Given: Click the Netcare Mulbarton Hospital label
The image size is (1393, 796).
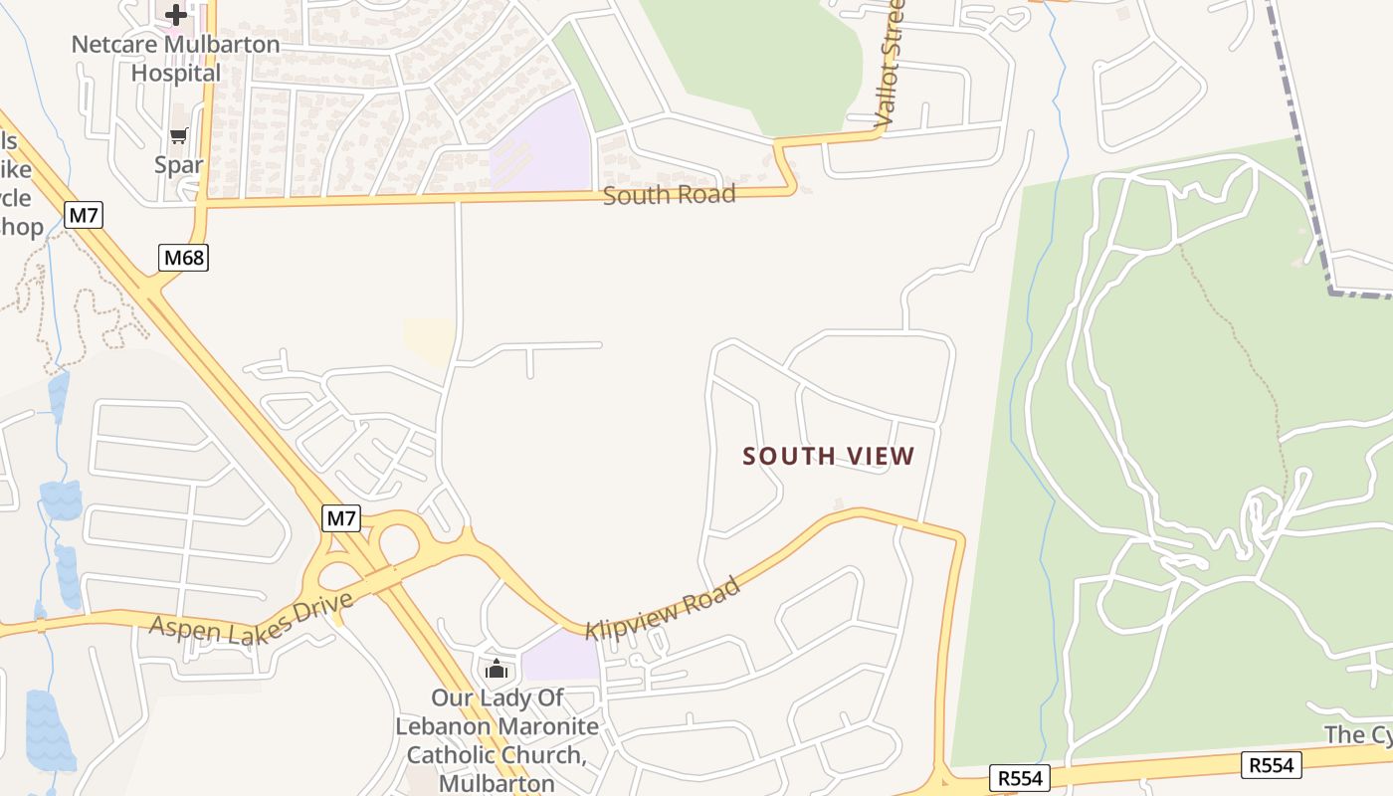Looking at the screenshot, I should pos(176,59).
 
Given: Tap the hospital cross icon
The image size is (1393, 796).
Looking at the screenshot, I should pos(176,15).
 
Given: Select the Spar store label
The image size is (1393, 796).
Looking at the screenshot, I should pos(179,164).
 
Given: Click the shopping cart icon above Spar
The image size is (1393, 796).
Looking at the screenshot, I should pos(179,136).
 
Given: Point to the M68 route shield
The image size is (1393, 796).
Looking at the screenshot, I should pos(183,259).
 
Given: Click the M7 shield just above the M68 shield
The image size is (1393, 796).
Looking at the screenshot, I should pos(85,215).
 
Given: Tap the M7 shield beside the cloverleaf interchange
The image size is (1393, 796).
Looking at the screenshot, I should pos(341,518).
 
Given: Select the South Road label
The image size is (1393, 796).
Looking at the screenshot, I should pos(669,194).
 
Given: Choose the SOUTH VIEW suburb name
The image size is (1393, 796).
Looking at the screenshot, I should pos(829,457).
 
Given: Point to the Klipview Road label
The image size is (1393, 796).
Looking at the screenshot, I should pos(663,609).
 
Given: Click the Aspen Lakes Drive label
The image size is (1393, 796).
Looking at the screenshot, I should pos(252,614).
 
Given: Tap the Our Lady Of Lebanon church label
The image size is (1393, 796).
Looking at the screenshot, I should pos(497,740).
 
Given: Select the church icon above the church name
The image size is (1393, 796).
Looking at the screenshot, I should pos(497,670).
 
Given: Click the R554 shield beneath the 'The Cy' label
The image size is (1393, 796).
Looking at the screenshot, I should pos(1272,764).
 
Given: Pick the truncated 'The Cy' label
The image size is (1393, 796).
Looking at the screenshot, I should pos(1357,734).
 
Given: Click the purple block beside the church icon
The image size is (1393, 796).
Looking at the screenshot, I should pos(559,657).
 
